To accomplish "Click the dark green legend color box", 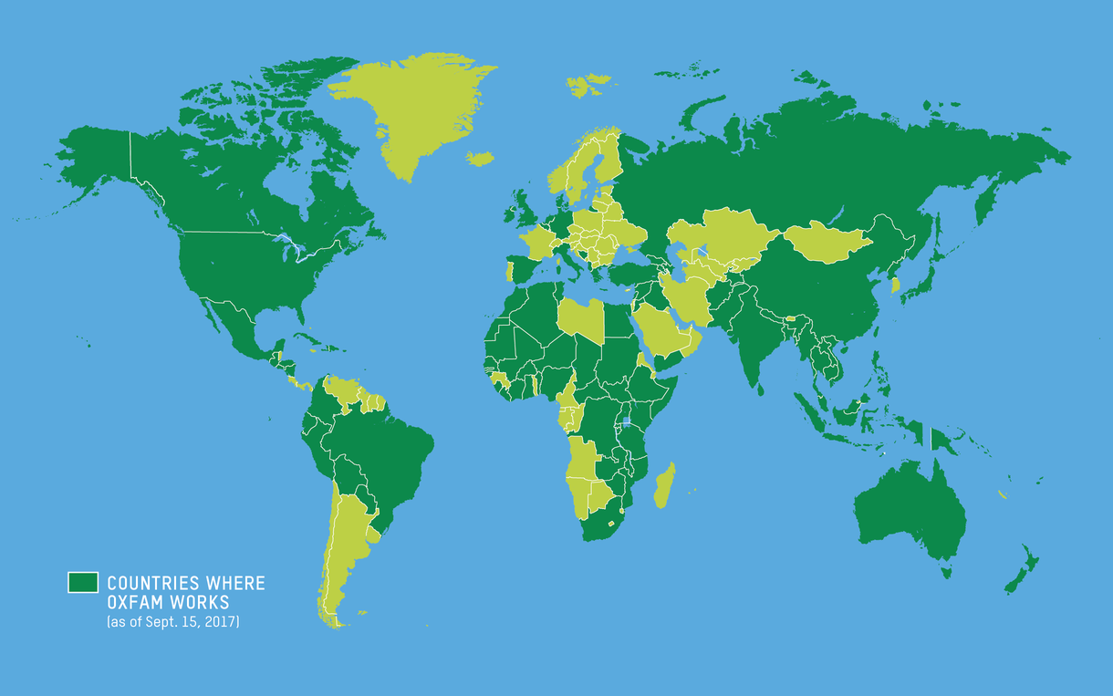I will [82, 583].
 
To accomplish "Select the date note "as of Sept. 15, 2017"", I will [173, 622].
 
